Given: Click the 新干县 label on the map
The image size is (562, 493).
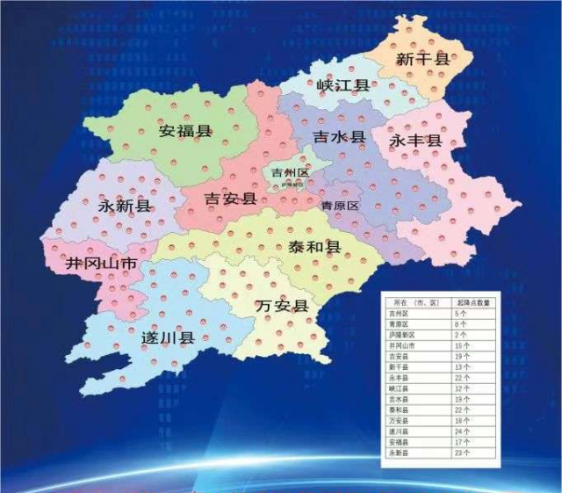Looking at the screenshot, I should tap(422, 59).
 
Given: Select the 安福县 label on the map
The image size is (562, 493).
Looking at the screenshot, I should tap(185, 132).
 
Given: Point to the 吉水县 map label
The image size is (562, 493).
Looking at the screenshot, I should tap(339, 138).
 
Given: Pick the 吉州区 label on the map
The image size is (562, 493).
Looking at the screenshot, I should tap(290, 172).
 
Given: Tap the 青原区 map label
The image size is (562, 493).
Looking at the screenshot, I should tap(340, 206).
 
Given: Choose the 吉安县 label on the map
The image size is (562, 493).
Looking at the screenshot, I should tap(230, 199).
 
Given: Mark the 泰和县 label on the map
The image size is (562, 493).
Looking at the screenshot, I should tap(313, 247).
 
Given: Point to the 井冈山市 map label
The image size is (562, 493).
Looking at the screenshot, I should tap(102, 263).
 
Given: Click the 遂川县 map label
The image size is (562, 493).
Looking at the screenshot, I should tap(168, 337).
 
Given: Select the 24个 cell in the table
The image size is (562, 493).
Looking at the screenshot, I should tap(461, 432).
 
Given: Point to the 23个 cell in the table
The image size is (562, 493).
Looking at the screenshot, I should tap(461, 453).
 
